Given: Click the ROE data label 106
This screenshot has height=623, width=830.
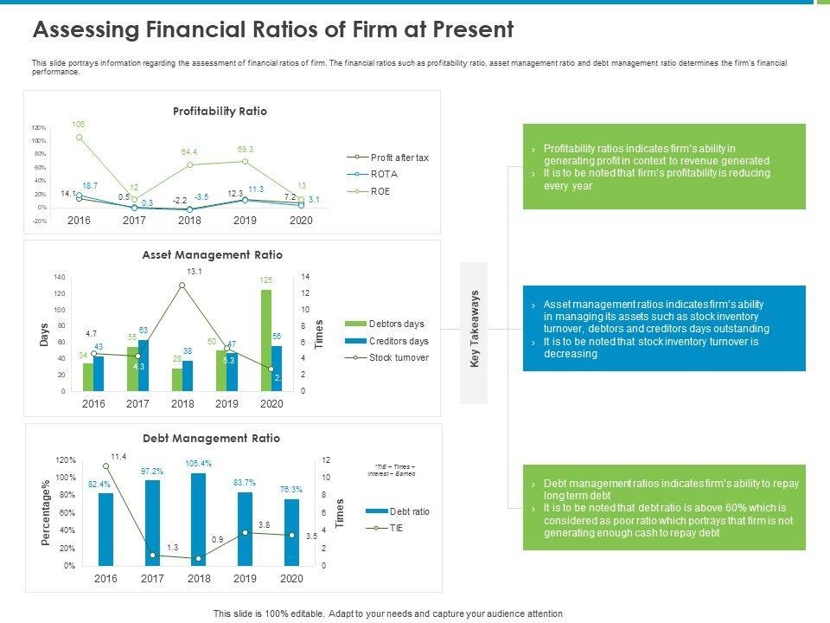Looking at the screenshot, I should pos(79,125).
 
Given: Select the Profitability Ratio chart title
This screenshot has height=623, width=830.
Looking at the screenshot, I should pos(220,112).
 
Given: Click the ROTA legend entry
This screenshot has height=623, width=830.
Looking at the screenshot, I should pos(384,174).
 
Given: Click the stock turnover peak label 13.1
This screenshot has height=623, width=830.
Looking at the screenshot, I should pos(194,272).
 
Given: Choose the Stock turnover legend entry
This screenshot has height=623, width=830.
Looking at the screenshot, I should pos(399,357).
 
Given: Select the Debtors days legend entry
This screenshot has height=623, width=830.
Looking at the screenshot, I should pos(396,324).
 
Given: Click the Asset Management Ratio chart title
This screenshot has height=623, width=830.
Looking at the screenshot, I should pos(212,254).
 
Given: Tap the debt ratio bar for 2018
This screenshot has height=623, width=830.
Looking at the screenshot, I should pos(199,519).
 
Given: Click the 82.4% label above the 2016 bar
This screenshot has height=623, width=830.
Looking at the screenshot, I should pos(99,485).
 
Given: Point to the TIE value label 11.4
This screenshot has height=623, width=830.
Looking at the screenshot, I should pos(118,456).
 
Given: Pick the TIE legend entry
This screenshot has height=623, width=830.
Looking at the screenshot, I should pos(397,528).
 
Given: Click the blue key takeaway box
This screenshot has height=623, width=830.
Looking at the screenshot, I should pos(664,329).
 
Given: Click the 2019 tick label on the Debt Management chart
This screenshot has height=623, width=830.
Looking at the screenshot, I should pos(245,578).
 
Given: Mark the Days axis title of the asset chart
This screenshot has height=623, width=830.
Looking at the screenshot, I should pos(43,335).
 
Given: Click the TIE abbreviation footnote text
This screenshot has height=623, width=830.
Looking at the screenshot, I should pos(391,469).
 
